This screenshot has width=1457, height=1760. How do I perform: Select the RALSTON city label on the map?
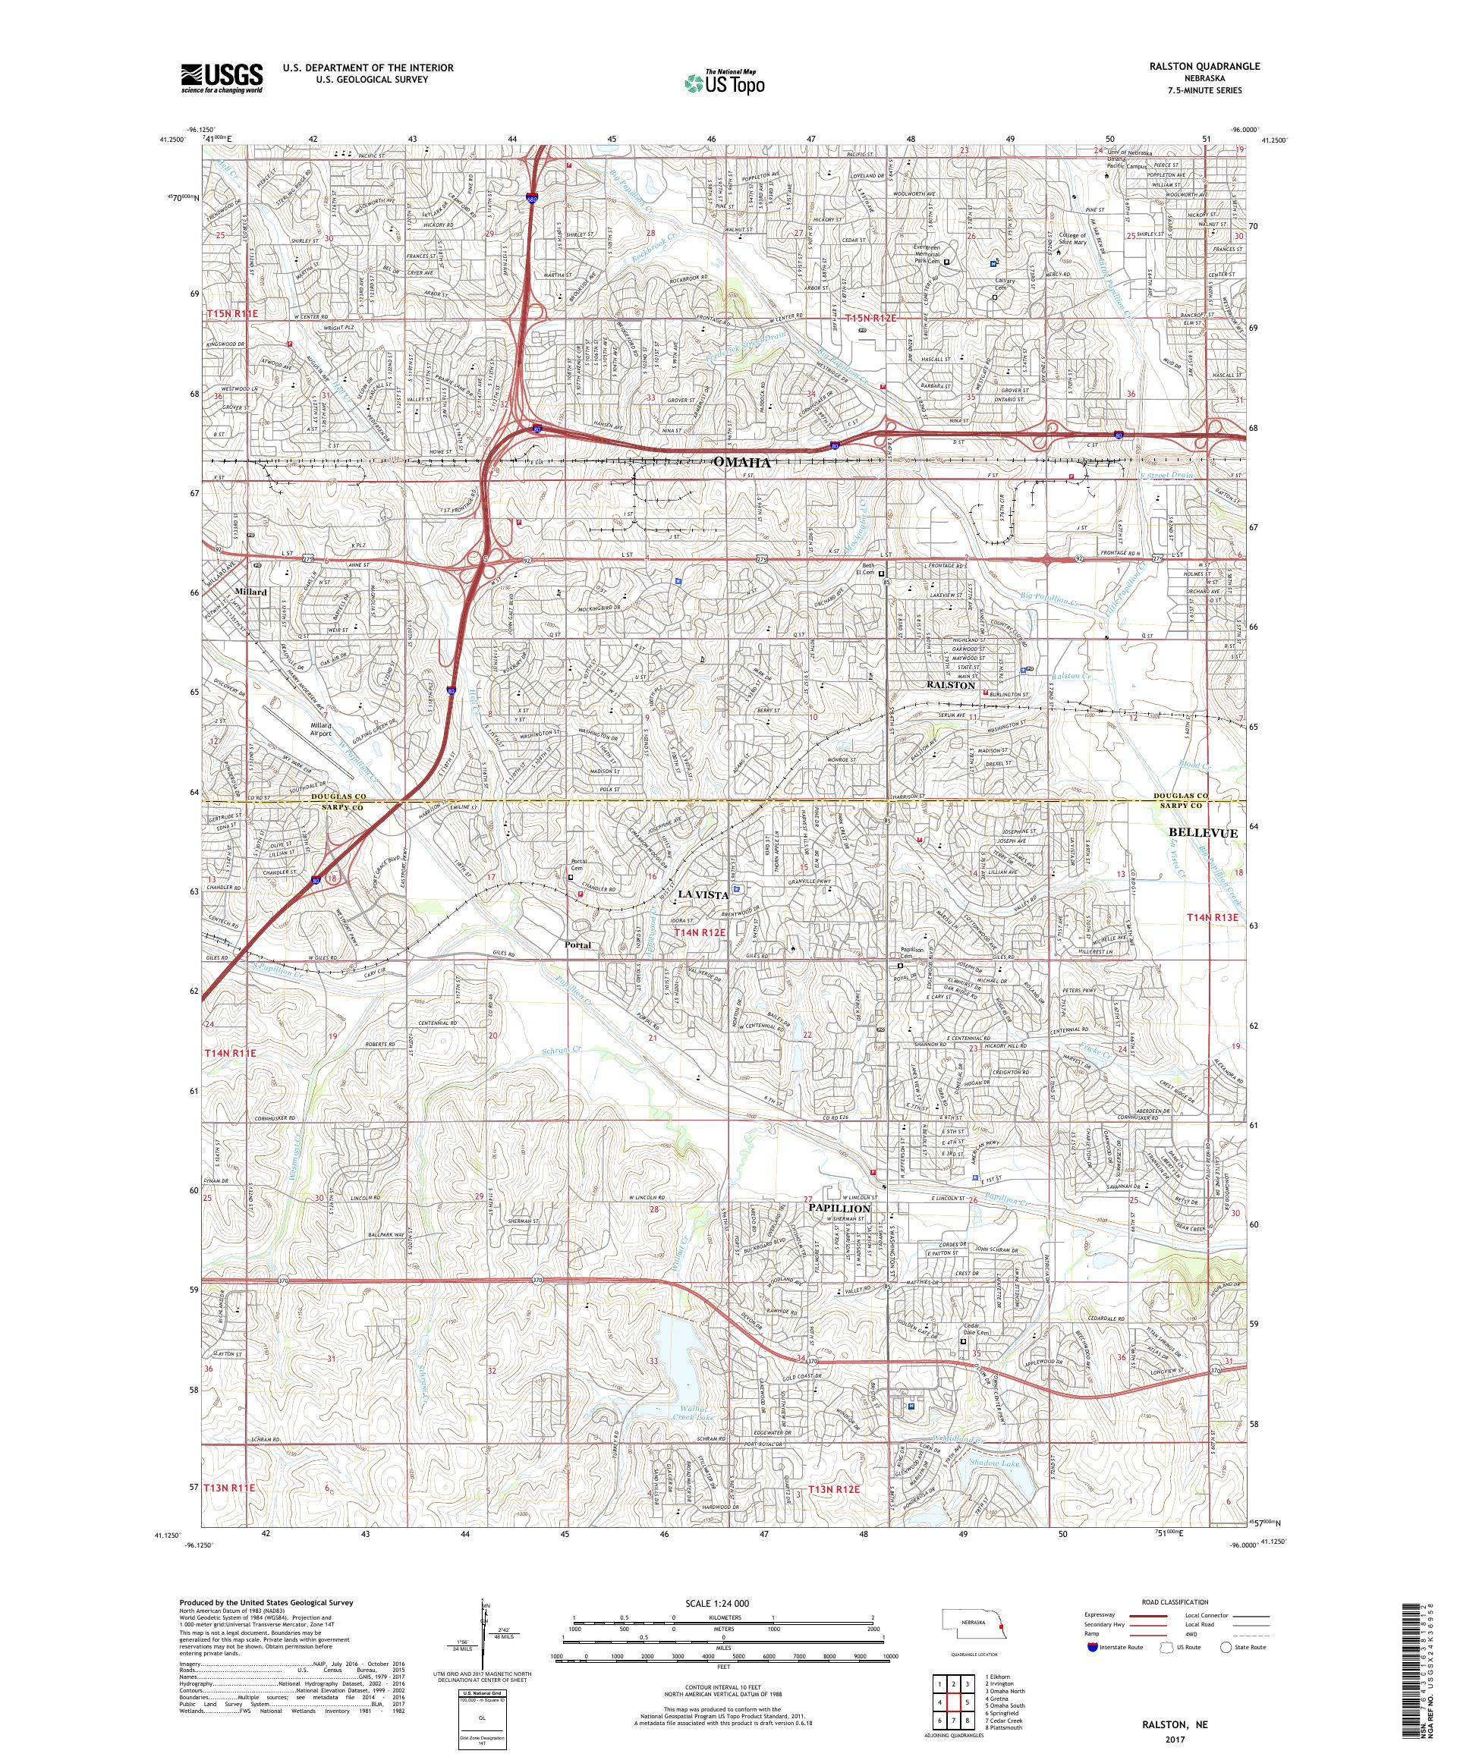click(950, 685)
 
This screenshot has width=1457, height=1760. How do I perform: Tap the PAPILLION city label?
click(839, 1208)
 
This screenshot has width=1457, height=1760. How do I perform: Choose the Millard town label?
click(250, 592)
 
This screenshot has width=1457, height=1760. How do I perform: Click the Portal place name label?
click(577, 944)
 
